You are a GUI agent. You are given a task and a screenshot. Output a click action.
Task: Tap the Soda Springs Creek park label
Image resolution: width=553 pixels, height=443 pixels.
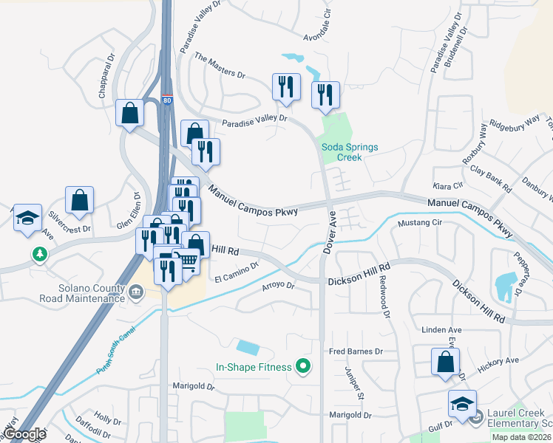click(x=350, y=152)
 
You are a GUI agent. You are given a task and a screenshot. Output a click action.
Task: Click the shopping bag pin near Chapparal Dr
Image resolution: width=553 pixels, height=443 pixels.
click(x=130, y=114)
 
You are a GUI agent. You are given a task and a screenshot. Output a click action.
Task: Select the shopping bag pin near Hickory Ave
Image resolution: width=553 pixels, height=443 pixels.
click(x=445, y=362)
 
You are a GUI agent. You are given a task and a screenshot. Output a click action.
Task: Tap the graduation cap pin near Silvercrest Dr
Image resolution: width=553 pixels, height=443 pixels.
click(x=28, y=218)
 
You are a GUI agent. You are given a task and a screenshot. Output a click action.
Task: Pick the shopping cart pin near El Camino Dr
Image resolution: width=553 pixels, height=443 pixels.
click(x=188, y=261)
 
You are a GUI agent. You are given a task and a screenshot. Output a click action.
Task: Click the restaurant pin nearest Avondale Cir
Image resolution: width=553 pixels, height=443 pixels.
click(x=325, y=94)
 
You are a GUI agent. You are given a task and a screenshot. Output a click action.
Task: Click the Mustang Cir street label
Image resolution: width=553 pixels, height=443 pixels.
click(x=419, y=222)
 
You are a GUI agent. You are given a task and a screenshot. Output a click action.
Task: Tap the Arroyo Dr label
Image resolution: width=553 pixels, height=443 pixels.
click(x=279, y=286)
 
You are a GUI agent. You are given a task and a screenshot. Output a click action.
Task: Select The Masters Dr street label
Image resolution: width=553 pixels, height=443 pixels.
click(x=220, y=65)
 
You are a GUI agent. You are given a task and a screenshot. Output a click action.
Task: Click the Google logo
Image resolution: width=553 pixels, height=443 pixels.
click(x=24, y=434)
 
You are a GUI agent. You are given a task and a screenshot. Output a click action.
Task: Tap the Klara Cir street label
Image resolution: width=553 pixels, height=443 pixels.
click(x=448, y=185)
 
